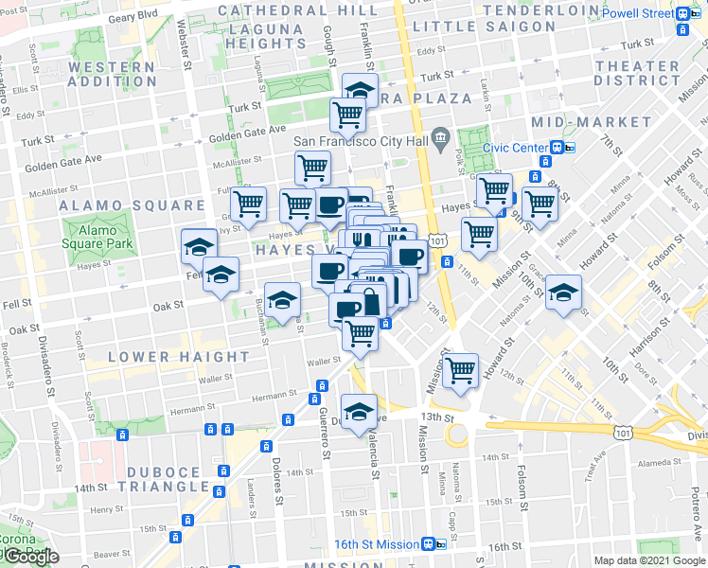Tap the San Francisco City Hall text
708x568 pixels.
[x=360, y=142]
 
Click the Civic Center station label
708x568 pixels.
[x=515, y=148]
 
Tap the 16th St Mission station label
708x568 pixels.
[x=376, y=544]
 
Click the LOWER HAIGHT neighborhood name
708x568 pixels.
[x=179, y=357]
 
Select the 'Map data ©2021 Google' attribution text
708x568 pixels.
[x=648, y=560]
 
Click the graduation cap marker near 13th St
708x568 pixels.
[x=360, y=412]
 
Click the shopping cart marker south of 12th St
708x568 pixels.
[x=461, y=370]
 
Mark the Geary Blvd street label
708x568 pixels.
[x=133, y=17]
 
